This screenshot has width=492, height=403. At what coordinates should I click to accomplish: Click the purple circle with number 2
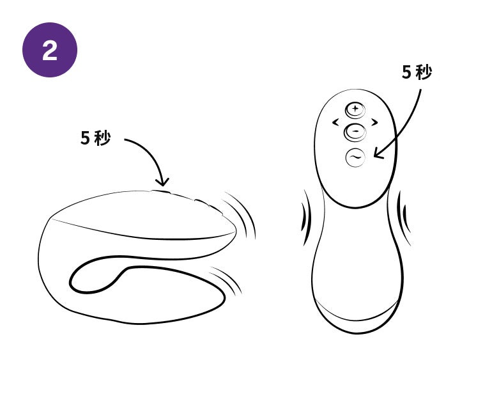(50, 50)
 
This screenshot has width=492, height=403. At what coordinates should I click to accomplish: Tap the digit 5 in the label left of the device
(86, 138)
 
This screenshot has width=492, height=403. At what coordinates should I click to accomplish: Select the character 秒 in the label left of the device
(103, 138)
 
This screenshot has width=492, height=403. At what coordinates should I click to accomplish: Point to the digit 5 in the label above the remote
(406, 72)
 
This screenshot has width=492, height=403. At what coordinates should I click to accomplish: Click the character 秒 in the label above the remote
(424, 72)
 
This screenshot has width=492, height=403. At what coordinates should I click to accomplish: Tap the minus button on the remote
(355, 132)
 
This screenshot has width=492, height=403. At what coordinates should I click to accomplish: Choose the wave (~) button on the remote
(355, 157)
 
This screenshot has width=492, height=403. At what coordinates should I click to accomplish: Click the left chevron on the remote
(335, 122)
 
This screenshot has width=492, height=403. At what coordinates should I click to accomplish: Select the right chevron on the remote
(374, 122)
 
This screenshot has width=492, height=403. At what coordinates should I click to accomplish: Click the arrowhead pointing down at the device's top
(162, 182)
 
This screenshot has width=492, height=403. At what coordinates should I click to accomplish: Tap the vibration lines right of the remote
(404, 217)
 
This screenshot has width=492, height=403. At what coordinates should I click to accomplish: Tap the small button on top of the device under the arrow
(161, 191)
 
